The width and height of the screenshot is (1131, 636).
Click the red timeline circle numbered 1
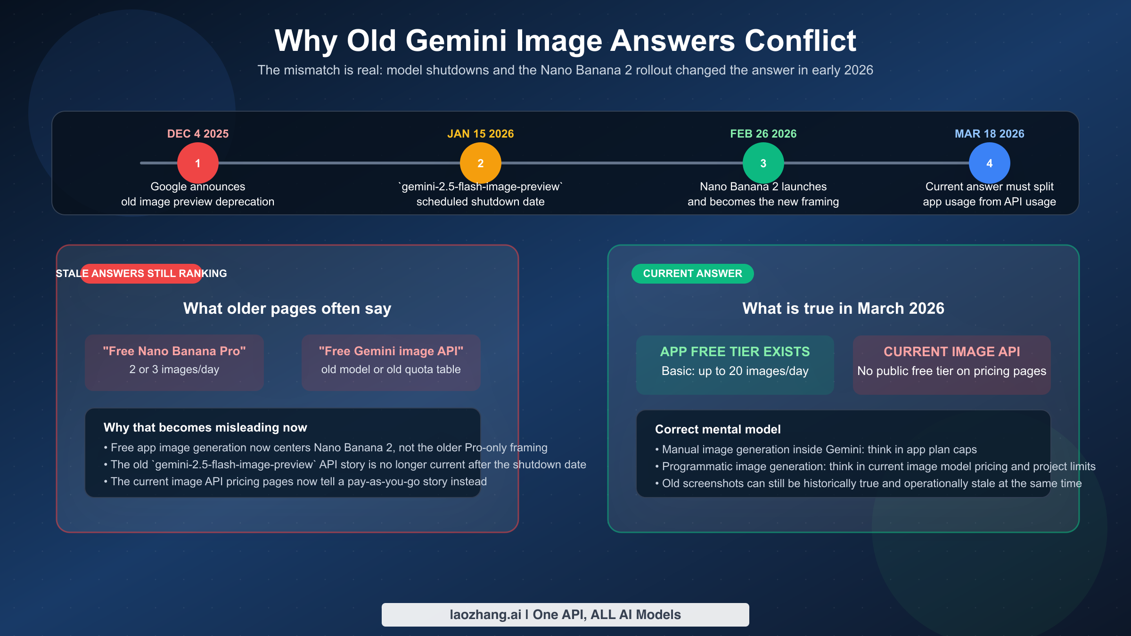coord(198,163)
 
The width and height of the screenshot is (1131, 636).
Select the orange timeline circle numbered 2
coord(481,163)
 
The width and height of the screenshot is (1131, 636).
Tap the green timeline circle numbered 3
coord(763,163)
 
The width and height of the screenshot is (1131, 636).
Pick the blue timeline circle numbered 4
coord(990,163)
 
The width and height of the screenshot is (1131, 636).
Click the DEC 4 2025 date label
coord(198,134)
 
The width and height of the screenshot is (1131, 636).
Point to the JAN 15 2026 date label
coord(481,134)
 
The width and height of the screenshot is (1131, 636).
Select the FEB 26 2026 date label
coord(763,134)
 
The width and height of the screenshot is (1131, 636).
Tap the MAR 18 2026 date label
coord(990,134)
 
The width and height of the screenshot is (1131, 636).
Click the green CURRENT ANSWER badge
coord(692,274)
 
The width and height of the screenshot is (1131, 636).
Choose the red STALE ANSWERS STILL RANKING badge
coord(141,274)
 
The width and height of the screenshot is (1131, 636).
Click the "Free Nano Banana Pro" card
coord(174,362)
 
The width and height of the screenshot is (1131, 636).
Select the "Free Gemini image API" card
coord(391,362)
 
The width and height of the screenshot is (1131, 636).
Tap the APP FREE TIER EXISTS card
coord(735,365)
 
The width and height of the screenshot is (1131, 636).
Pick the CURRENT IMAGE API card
coord(952,365)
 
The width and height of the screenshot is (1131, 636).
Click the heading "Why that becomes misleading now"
coord(205,427)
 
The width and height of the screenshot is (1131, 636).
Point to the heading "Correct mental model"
coord(718,429)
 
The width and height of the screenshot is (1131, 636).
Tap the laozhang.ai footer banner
coord(565,615)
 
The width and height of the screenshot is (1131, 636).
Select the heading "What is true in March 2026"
coord(844,308)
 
